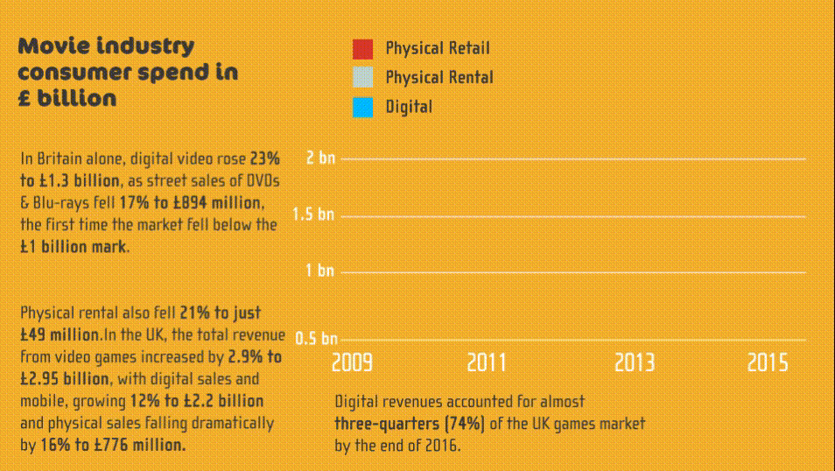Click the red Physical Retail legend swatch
coord(362,49)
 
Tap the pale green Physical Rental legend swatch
coord(362,78)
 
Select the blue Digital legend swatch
coord(362,107)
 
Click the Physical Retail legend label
coord(438,48)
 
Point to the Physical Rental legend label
coord(439,77)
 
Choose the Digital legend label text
coord(409,107)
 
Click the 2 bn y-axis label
coord(320,158)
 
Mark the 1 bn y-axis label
coord(320,271)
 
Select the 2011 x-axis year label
coord(487,362)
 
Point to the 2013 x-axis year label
coord(635,362)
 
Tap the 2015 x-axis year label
coord(768,362)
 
